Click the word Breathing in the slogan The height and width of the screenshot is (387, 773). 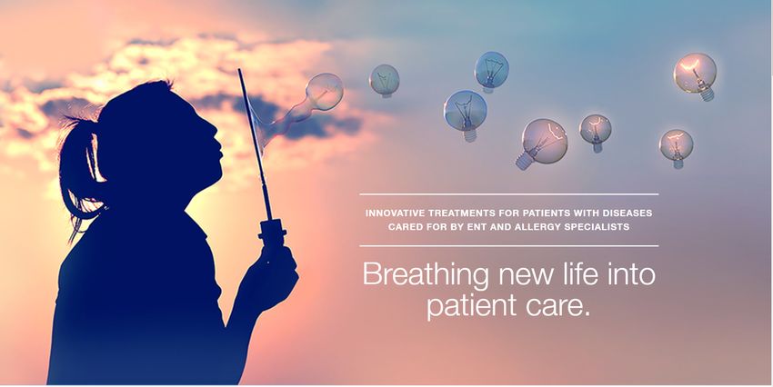[426, 274]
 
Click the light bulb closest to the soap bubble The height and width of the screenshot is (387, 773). [385, 81]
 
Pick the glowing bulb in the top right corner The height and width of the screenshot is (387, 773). [696, 76]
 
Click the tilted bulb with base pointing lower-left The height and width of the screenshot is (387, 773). [541, 144]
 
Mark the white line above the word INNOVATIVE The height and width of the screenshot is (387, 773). [508, 194]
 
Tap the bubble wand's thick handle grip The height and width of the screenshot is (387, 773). [272, 232]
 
